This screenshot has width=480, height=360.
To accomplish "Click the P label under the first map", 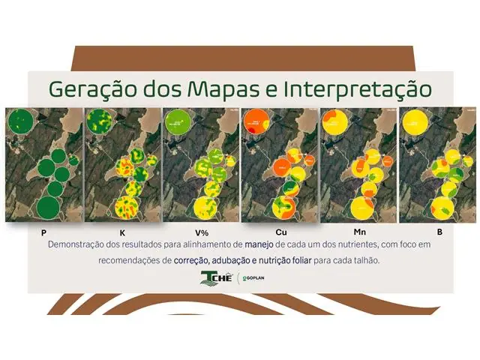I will click(44, 232).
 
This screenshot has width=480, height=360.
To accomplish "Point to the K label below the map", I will click(122, 232).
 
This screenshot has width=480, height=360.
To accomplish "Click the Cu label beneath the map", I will click(280, 232).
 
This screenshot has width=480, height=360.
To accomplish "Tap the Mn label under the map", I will click(360, 232).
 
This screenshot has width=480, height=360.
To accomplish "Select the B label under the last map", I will click(439, 232).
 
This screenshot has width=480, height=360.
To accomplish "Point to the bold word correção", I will click(191, 260).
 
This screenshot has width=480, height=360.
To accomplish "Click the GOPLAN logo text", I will click(253, 278).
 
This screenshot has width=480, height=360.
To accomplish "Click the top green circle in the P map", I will click(21, 122).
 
